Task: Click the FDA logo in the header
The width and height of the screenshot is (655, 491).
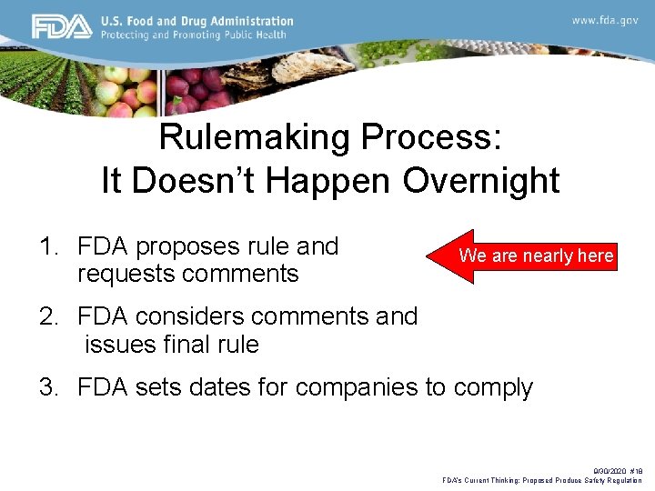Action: (x=61, y=27)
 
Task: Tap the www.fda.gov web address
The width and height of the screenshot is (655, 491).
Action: (x=604, y=20)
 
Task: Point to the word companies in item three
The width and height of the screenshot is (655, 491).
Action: (x=352, y=388)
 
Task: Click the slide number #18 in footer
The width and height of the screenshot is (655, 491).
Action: (x=634, y=472)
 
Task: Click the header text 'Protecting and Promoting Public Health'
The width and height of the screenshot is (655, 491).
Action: (x=193, y=35)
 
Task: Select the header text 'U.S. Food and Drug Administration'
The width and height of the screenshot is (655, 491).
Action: (x=196, y=21)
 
